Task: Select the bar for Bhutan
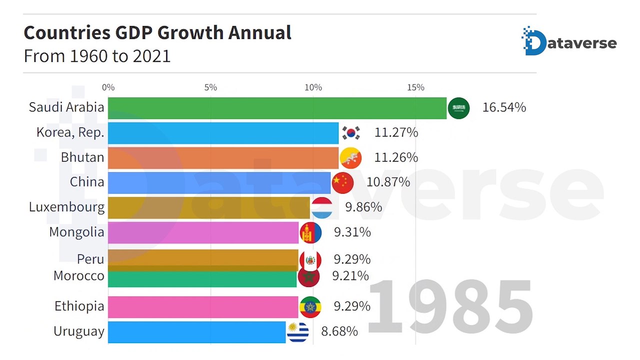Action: click(x=223, y=157)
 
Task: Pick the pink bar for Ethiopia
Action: click(x=203, y=306)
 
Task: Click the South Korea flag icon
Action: click(x=351, y=133)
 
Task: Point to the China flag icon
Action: click(x=343, y=182)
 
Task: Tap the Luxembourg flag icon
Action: click(x=322, y=207)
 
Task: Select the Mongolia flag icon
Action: click(x=310, y=232)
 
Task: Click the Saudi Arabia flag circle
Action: click(x=458, y=108)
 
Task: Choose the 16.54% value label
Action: click(x=504, y=107)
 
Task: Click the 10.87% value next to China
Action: click(x=388, y=182)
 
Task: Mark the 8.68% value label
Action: click(x=339, y=331)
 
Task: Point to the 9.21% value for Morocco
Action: click(x=350, y=275)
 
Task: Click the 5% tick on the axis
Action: click(x=210, y=87)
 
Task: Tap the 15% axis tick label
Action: click(x=415, y=87)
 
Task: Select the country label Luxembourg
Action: click(x=66, y=207)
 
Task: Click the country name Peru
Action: click(x=90, y=259)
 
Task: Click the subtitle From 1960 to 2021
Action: click(x=97, y=56)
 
